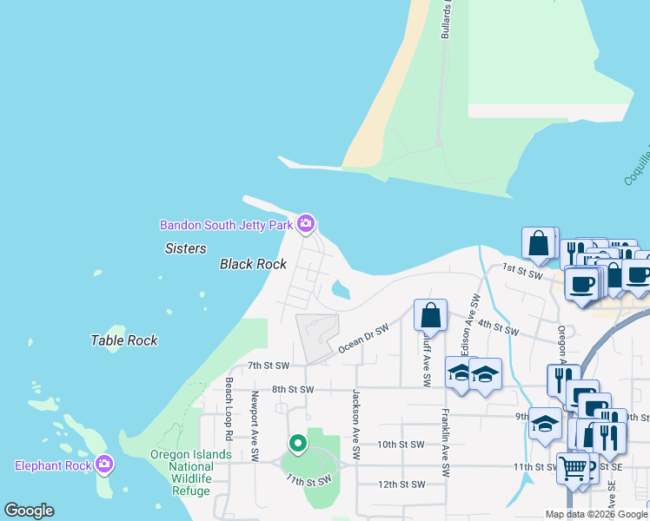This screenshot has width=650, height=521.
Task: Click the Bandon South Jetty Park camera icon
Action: pos(305,225)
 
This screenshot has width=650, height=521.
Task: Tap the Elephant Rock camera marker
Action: pos(103,465)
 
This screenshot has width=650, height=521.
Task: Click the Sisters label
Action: pos(186,248)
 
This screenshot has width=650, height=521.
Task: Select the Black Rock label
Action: pos(253,264)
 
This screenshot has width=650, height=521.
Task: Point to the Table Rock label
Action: pos(124,340)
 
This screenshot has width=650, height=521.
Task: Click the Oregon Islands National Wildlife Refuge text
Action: pos(191,472)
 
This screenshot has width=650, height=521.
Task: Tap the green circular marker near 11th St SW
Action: pos(298,445)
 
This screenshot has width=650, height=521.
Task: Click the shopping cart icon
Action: pos(573,470)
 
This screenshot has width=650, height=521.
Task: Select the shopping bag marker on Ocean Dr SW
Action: pos(430,316)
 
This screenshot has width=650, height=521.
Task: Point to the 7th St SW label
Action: pos(268,366)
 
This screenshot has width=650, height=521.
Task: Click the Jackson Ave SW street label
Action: pos(355,425)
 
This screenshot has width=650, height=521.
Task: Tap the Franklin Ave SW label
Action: pos(445,443)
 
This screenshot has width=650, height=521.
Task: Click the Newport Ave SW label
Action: pos(255,426)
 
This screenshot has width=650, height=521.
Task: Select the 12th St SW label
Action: pos(401,484)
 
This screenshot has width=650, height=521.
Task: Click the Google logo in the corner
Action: pos(29,511)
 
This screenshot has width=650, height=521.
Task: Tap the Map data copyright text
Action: pos(596,514)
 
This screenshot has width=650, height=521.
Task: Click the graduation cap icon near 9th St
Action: pos(544,425)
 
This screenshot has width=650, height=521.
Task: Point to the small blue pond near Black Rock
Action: pos(340,290)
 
